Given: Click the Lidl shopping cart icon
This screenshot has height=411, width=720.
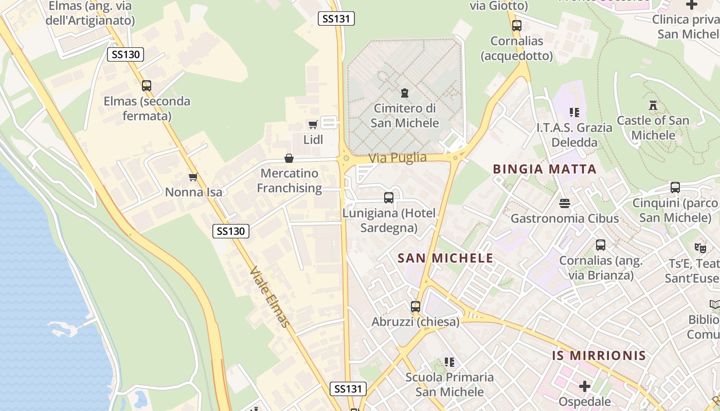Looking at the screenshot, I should pos(313,124).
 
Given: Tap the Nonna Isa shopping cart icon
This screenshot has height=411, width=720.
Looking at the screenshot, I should pos(193,177).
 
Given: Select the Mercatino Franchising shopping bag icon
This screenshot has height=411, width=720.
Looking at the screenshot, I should pos(289,158).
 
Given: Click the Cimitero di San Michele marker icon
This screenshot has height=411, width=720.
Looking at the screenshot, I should pos(405,93).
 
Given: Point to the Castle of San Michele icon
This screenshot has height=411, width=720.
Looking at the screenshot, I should pos(653,105).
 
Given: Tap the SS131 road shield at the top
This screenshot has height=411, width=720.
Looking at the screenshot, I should pos(336,19).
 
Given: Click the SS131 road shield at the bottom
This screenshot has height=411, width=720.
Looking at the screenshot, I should pos(348,389).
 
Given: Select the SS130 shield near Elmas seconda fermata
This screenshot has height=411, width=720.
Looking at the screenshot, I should pos(125,54).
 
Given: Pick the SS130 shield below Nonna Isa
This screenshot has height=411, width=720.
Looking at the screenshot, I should pos(231,231).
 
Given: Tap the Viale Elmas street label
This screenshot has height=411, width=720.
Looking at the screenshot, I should pos(270,296).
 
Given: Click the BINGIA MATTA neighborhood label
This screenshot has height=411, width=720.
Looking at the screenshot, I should pos(545,169).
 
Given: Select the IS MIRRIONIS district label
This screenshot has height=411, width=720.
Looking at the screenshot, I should pos(599,356).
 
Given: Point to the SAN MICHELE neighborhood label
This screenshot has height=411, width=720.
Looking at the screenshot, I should pos(445,258).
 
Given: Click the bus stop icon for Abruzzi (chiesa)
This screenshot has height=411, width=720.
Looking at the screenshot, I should pos(416,307).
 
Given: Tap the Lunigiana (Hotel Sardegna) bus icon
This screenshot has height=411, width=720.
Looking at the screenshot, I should pos(389,198).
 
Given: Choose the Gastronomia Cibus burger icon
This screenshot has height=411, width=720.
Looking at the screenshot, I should pos(565,203).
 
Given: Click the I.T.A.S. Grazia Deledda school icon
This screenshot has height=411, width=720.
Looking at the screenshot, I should pos(574,112).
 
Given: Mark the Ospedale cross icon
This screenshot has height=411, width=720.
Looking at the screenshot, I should pos(585,386).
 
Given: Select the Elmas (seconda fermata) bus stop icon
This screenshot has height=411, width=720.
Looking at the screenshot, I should pos(147,86).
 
